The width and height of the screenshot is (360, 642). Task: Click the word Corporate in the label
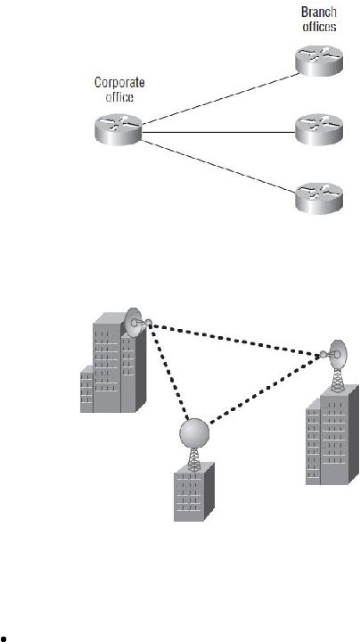119,83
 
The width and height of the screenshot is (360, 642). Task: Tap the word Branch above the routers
319,12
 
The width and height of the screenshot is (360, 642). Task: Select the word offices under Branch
320,27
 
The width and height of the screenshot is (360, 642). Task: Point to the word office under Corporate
119,97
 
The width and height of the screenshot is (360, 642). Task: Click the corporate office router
119,129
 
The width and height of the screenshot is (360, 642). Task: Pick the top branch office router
319,61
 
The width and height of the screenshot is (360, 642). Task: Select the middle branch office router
319,129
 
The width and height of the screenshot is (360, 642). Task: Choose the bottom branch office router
319,198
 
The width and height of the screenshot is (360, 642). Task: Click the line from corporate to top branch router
220,99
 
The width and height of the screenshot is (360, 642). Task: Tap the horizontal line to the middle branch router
218,133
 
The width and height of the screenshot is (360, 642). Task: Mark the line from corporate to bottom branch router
218,166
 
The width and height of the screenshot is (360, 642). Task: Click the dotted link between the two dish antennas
236,340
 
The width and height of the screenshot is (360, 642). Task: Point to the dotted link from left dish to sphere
169,372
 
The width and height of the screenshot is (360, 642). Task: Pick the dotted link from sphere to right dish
266,390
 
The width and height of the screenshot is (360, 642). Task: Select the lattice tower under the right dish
337,381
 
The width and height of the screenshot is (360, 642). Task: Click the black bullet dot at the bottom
4,638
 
